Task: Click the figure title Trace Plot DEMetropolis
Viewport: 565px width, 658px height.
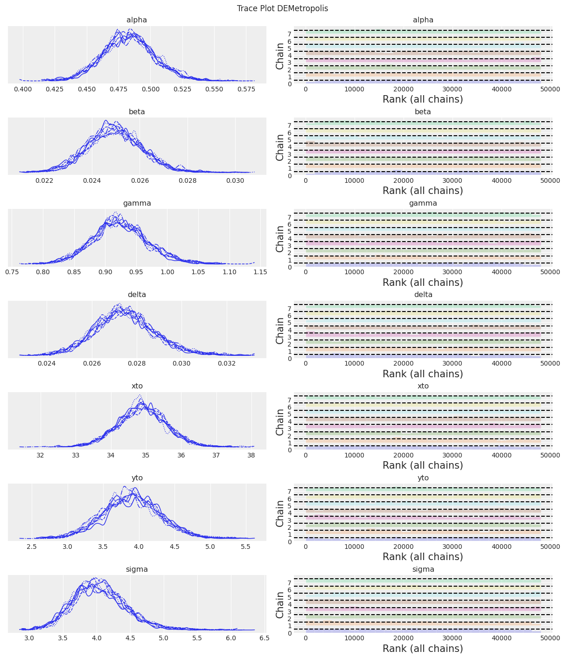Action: click(x=282, y=8)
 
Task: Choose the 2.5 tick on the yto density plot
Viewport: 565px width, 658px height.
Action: click(x=32, y=547)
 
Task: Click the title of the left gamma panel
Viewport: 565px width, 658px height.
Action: click(x=137, y=203)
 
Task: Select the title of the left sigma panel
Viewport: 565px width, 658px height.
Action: click(x=137, y=569)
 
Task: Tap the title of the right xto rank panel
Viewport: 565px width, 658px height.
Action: click(x=423, y=386)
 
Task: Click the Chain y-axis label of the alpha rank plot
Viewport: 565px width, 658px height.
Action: click(x=280, y=56)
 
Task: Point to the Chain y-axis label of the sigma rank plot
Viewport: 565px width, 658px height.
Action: click(x=280, y=605)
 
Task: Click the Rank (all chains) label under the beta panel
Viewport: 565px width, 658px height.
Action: click(x=423, y=191)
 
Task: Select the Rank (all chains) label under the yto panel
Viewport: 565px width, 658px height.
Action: click(x=423, y=557)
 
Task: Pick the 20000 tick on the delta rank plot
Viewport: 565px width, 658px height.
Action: click(x=404, y=364)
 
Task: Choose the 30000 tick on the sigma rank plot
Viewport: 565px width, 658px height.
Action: click(x=453, y=638)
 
